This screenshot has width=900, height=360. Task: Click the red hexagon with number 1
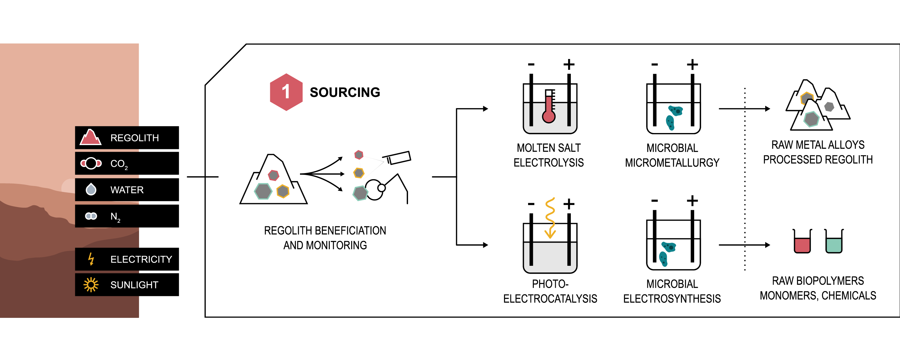tap(286, 92)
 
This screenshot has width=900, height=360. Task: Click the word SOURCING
tap(345, 92)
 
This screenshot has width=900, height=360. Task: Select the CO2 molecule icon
tap(91, 163)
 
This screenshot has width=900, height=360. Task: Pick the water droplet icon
tap(91, 189)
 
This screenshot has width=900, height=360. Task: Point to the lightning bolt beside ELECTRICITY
tap(91, 259)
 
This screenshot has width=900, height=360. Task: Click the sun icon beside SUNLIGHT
tap(91, 284)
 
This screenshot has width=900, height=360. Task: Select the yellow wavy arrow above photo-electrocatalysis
tap(550, 218)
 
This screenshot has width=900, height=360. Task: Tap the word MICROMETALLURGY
tap(672, 163)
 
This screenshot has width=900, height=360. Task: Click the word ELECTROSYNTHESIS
tap(672, 299)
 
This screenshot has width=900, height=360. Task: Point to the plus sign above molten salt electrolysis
tap(569, 64)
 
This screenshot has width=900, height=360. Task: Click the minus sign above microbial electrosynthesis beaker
tap(654, 201)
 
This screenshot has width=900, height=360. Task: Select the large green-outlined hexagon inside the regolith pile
tap(263, 191)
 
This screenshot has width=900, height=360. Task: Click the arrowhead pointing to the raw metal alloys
tap(767, 109)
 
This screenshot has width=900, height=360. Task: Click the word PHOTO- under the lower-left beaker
tap(550, 284)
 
